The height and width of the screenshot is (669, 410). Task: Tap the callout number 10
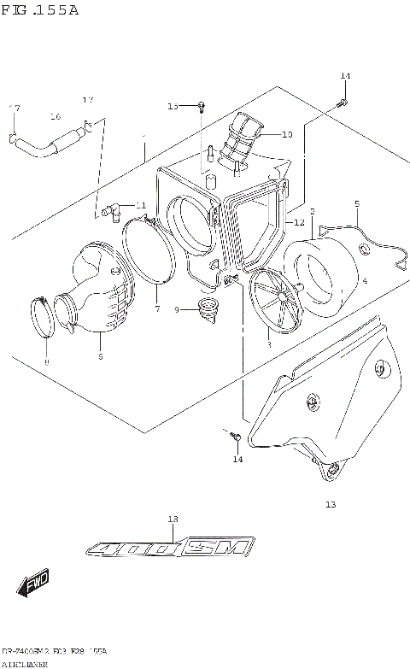point(286,134)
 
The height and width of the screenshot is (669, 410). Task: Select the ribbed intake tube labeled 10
point(240,141)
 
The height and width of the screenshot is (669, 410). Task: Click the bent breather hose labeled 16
point(43,145)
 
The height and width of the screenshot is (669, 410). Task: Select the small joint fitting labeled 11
point(108,208)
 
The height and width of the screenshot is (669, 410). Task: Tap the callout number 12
point(299,222)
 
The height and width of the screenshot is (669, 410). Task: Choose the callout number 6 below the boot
point(100,356)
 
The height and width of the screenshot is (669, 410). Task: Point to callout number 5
point(357,202)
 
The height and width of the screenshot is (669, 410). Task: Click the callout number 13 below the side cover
point(331,504)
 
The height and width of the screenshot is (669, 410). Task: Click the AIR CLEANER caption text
point(26,663)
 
